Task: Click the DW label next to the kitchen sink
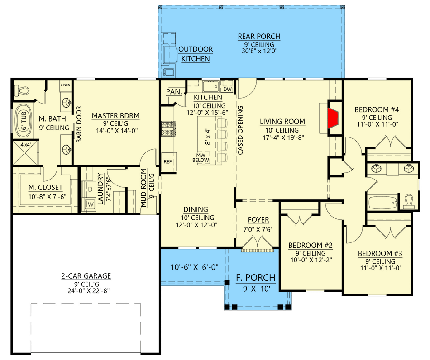tap(228, 89)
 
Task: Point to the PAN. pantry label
tap(173, 92)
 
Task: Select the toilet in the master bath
tap(20, 90)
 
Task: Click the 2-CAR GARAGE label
tap(86, 276)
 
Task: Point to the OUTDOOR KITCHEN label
tap(196, 54)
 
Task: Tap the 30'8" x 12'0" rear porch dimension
tap(259, 52)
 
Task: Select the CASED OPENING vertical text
tap(240, 130)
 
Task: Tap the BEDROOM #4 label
tap(377, 109)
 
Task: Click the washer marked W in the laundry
tap(90, 204)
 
